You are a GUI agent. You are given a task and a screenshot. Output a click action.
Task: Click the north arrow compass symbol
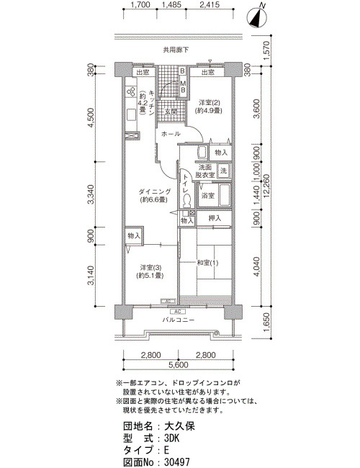tap(258, 17)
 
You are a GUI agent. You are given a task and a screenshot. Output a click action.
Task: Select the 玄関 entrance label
tap(171, 112)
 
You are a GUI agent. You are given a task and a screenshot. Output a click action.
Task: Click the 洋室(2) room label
tap(210, 103)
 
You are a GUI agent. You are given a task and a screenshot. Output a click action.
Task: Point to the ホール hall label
tap(171, 134)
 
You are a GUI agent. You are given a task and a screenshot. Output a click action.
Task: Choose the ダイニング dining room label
tap(154, 192)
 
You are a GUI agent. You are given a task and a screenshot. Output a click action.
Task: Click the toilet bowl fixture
tap(187, 201)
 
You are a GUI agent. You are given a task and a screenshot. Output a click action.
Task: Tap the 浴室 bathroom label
tap(207, 196)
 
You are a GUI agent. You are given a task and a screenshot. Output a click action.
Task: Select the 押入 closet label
tap(215, 218)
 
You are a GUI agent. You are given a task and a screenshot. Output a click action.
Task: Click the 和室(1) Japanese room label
tap(207, 263)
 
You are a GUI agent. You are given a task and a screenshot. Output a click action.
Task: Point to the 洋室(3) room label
tap(151, 267)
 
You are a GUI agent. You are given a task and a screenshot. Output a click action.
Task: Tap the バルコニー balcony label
tap(179, 320)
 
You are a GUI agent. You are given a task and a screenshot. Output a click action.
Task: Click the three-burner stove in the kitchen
tap(131, 92)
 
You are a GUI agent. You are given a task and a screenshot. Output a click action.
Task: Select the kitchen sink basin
tap(131, 114)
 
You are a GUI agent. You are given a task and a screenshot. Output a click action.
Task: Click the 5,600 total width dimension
tap(179, 365)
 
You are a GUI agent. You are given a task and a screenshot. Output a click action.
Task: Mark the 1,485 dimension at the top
tap(171, 5)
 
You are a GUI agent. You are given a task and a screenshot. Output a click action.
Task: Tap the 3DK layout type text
tap(171, 438)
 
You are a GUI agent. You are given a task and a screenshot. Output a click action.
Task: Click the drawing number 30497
tap(176, 462)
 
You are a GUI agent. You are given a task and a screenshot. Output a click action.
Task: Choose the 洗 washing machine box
tap(223, 171)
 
